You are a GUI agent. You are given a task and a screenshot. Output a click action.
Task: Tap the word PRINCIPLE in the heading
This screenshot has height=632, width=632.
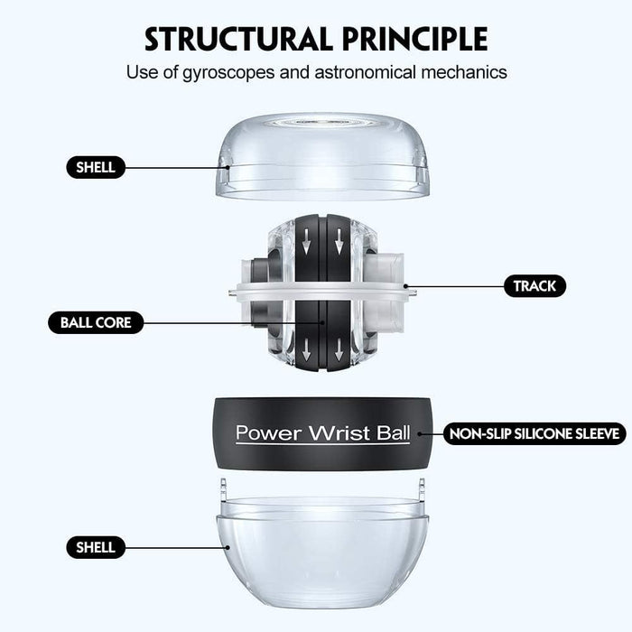point(415,39)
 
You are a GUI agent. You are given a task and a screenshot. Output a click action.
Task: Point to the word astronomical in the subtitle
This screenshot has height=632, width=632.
point(366,72)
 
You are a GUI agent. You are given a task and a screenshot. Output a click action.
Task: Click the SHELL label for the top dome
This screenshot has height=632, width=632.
point(96,167)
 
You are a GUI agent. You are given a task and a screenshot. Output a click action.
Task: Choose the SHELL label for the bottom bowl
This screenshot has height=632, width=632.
point(96,547)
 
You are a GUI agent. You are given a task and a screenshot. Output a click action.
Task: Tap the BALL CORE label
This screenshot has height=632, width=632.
point(96,322)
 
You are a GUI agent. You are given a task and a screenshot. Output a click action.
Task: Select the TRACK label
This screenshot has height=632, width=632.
point(534,286)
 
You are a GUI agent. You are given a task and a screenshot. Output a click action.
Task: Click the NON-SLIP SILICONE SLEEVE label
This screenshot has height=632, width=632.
point(534,433)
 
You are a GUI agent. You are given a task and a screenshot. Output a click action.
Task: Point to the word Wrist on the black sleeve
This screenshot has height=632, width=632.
point(339,432)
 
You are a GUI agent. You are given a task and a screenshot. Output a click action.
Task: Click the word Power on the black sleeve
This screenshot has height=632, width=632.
point(268,432)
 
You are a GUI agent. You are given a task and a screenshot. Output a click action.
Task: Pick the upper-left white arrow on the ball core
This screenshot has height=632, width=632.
point(306,241)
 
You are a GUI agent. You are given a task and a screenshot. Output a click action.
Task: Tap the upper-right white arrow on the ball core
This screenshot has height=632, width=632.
point(339,241)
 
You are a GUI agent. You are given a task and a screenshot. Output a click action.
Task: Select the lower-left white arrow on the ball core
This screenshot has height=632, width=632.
point(306,349)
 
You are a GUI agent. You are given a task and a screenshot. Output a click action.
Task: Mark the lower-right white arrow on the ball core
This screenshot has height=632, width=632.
point(339,349)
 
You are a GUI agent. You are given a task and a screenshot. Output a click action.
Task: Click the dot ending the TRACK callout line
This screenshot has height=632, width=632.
point(406,286)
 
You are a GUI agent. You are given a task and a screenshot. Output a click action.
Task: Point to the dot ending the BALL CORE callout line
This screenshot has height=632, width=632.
point(322,322)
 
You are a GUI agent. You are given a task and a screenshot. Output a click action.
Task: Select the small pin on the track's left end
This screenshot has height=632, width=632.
point(232,291)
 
